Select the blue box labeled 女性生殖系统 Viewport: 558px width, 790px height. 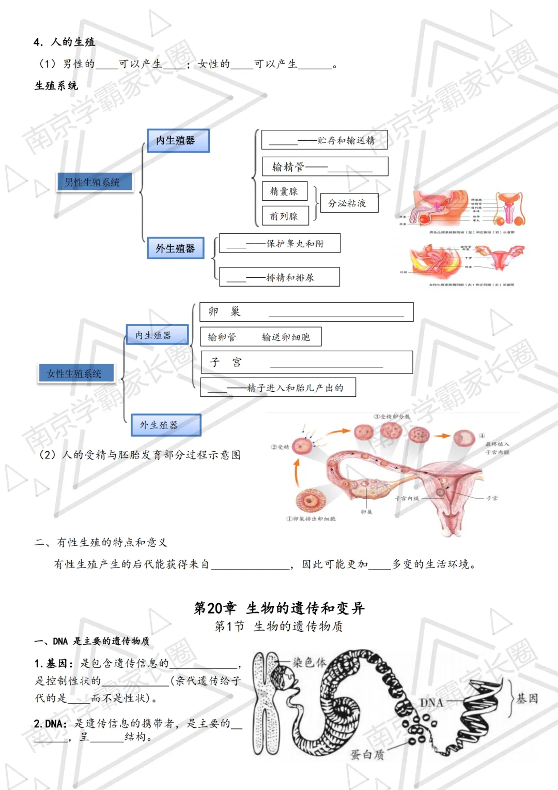point(75,373)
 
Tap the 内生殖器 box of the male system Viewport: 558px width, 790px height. point(178,140)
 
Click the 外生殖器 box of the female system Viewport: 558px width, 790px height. point(165,425)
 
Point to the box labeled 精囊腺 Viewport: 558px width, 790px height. point(284,191)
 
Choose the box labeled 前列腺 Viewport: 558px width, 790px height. point(285,216)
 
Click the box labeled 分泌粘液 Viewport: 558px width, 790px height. point(349,203)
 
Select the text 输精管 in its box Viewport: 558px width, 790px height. point(288,167)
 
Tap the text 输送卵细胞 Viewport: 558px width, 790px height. point(286,337)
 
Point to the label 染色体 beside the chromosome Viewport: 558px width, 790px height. point(309,662)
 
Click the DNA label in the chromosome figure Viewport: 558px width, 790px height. point(431,703)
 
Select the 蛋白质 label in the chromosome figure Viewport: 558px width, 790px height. point(367,755)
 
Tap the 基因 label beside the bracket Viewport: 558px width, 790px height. point(528,698)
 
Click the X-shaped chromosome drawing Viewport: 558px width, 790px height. point(266,704)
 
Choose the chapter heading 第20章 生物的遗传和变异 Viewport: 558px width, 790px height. point(279,608)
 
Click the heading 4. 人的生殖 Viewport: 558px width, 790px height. point(65,42)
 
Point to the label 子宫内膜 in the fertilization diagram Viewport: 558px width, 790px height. point(407,498)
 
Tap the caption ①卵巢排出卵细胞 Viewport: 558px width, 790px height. point(311,518)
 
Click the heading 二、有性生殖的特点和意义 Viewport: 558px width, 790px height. point(101,542)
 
